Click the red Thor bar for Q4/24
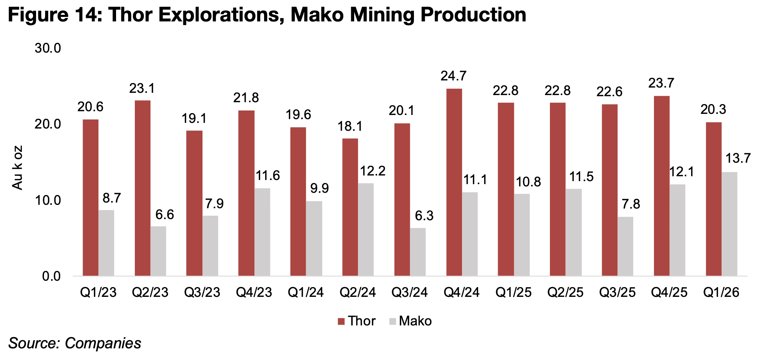[454, 182]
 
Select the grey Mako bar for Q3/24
[418, 252]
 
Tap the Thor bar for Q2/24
[350, 207]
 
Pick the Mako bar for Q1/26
[729, 224]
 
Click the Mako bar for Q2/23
[159, 251]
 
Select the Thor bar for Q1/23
[91, 198]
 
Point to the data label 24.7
[453, 76]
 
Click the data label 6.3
[424, 216]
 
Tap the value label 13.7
[738, 159]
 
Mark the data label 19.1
[194, 119]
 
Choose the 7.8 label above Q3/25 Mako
[631, 204]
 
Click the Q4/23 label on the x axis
[254, 292]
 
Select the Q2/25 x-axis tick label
[565, 292]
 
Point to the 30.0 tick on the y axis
[48, 48]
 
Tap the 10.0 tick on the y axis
[48, 200]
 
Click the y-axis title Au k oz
[18, 168]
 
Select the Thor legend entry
[356, 321]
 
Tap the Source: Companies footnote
[75, 343]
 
